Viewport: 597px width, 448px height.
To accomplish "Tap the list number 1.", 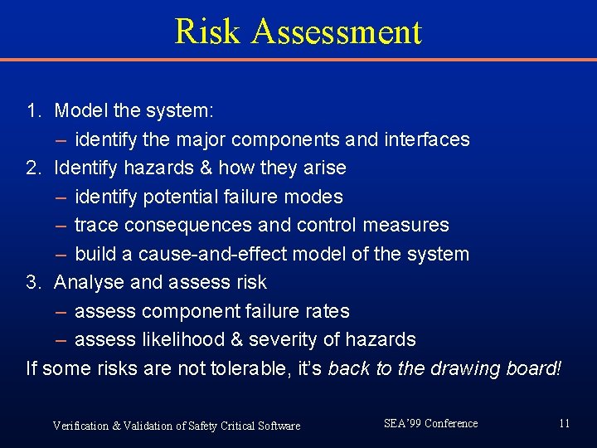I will point(33,110).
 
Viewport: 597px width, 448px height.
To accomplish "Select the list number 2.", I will point(33,168).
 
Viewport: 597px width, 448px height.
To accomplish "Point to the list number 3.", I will point(33,282).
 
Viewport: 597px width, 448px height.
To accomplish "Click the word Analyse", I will point(90,282).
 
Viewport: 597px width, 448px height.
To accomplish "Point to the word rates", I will point(327,311).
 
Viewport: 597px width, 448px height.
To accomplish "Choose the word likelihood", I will point(185,339).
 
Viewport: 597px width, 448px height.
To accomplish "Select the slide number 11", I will point(564,424).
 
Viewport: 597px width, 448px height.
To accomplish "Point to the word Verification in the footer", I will point(80,426).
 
